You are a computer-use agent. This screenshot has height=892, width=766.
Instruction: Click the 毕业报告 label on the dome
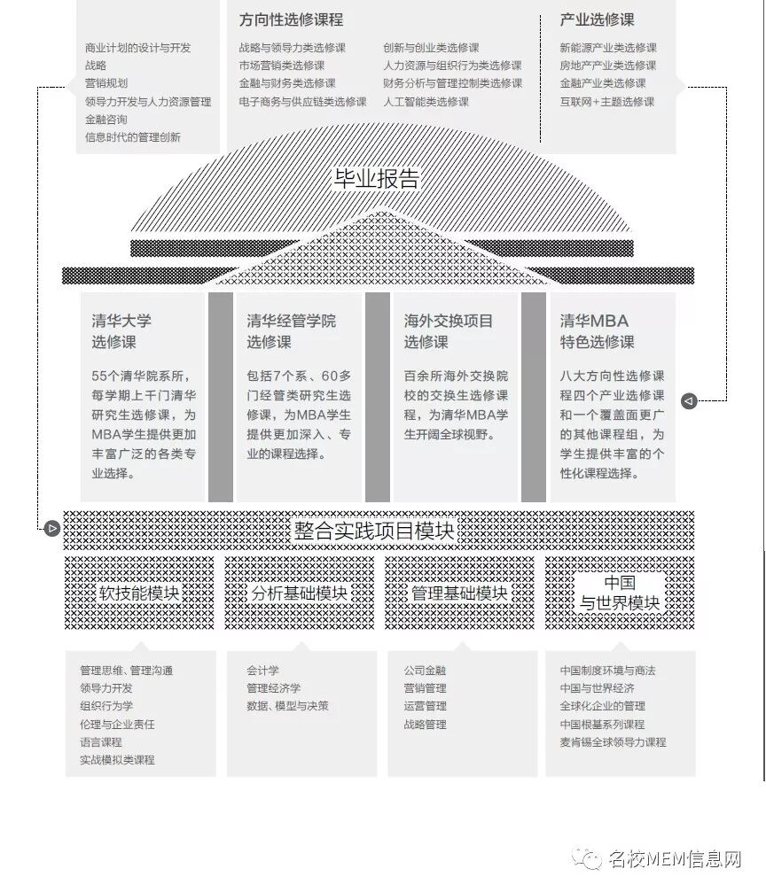[376, 178]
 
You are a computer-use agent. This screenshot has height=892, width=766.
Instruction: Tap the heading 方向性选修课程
[291, 19]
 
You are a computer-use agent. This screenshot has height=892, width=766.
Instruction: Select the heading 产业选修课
[597, 19]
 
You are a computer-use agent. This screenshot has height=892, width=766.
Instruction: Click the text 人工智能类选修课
[426, 102]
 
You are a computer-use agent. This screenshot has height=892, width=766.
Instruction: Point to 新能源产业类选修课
[608, 48]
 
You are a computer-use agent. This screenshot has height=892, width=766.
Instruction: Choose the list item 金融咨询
[106, 120]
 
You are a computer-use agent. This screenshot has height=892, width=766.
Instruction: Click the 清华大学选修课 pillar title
[121, 331]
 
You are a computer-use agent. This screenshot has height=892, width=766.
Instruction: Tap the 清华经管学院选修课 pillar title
[291, 331]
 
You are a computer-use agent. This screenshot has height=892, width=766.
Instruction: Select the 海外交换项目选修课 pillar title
[449, 331]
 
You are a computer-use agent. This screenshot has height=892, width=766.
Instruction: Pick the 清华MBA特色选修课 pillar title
[597, 331]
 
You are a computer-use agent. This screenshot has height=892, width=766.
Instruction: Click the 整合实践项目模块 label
[374, 531]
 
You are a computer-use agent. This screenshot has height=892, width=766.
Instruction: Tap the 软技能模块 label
[140, 593]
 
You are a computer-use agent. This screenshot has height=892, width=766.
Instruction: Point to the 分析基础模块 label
[299, 593]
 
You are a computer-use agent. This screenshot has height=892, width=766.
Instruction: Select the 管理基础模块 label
[459, 593]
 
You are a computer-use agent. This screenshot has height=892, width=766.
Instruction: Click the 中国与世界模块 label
[620, 593]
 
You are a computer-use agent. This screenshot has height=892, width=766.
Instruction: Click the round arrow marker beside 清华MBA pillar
[689, 401]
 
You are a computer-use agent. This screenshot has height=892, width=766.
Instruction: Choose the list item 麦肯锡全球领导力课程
[613, 742]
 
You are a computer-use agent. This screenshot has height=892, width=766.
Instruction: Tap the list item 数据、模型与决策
[287, 706]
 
